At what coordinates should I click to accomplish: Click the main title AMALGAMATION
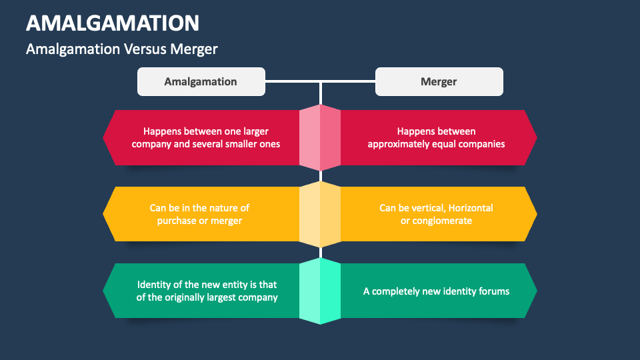click(x=113, y=23)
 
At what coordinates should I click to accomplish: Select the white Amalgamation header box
click(x=201, y=81)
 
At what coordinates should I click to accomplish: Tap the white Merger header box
click(x=439, y=81)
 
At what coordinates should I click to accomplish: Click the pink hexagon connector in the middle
click(x=320, y=137)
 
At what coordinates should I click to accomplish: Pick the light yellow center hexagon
click(x=320, y=214)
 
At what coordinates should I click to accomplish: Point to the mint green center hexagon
click(x=320, y=291)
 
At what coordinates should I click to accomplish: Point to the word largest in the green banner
click(x=214, y=297)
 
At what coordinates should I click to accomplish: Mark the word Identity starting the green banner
click(x=154, y=285)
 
